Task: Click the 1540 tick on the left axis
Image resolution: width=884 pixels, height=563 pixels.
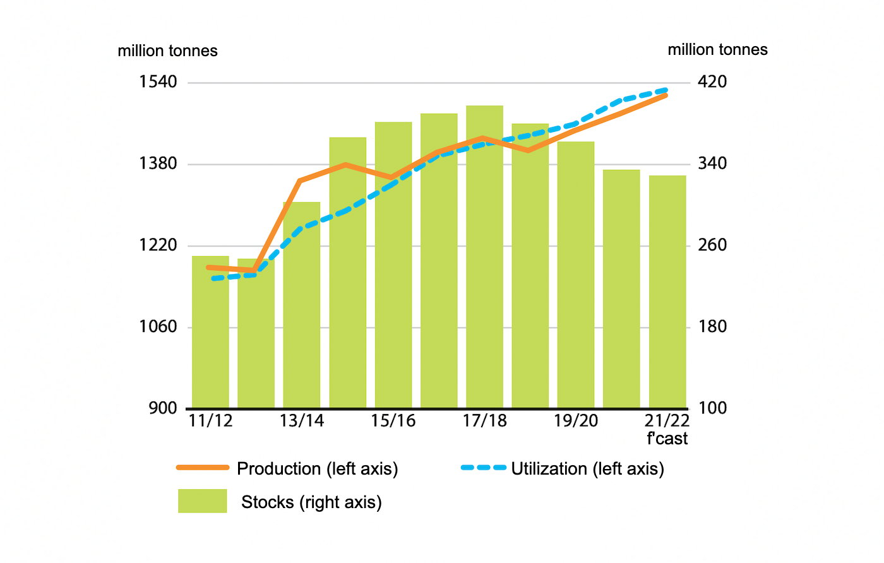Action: [x=158, y=82]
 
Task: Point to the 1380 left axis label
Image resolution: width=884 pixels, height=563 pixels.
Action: [x=158, y=163]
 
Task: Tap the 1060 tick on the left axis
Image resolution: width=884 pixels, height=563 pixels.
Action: [x=158, y=327]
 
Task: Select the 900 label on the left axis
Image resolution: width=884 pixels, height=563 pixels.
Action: [x=163, y=408]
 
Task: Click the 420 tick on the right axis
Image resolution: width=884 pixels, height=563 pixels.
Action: [x=712, y=82]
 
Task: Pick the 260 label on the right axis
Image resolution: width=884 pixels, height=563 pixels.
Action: [x=712, y=245]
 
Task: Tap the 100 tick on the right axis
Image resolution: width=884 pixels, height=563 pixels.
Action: [x=712, y=408]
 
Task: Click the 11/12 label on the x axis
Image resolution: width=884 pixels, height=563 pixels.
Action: [x=210, y=421]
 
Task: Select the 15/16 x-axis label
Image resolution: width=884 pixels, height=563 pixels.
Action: [x=393, y=421]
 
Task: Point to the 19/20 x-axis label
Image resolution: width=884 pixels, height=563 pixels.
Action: [x=575, y=421]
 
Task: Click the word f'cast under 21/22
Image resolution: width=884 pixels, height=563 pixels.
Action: [x=667, y=439]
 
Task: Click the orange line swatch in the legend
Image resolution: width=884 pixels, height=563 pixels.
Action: [x=202, y=468]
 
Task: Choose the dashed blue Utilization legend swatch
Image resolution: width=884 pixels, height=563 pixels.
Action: [x=484, y=468]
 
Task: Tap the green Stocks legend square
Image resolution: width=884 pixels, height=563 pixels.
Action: [x=202, y=501]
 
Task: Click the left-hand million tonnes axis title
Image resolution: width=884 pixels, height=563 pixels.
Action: [x=167, y=51]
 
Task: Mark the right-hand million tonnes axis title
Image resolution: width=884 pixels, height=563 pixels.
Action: [x=717, y=50]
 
